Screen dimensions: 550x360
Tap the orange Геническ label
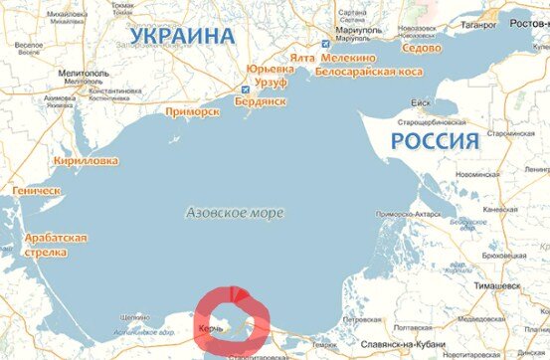(37, 190)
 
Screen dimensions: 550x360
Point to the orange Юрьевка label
(272, 71)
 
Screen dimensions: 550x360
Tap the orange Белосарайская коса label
(367, 72)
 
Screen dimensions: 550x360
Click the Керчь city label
(210, 326)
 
